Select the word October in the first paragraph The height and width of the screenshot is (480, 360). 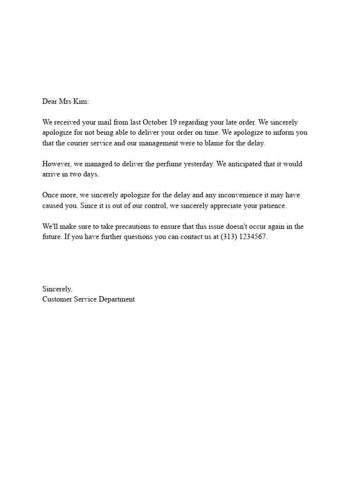[155, 122]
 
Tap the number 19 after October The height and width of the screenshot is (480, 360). [172, 122]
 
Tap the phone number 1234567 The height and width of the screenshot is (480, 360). [254, 237]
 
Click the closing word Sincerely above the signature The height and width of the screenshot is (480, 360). [57, 289]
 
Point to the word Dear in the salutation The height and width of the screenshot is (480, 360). [50, 101]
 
